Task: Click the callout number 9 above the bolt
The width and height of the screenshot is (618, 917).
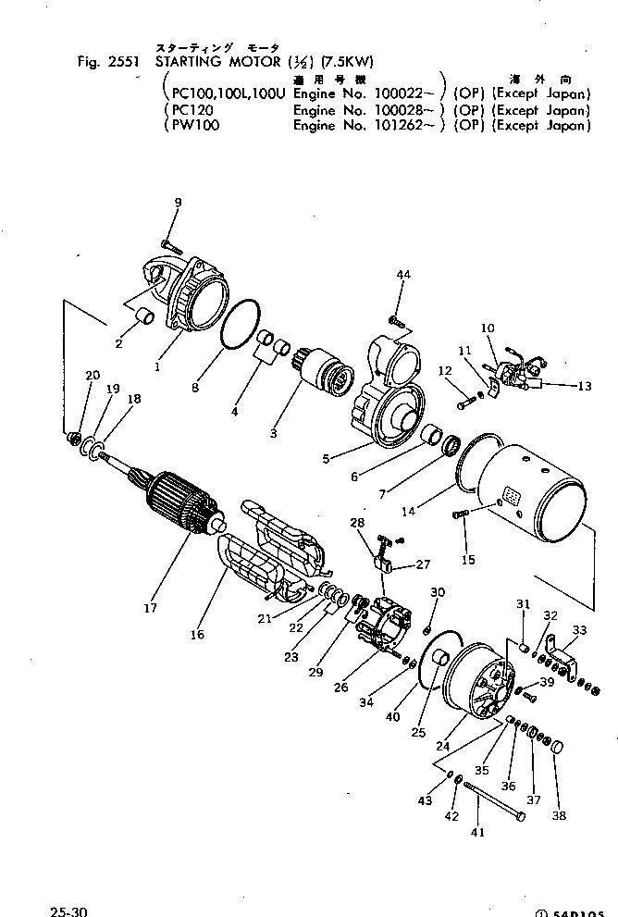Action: pos(178,203)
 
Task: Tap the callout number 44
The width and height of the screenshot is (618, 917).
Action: pos(402,276)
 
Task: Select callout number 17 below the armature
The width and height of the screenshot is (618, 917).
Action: pos(150,608)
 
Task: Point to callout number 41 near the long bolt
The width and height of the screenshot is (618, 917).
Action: pos(477,832)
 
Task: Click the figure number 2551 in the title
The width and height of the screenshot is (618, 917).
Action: pos(127,62)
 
